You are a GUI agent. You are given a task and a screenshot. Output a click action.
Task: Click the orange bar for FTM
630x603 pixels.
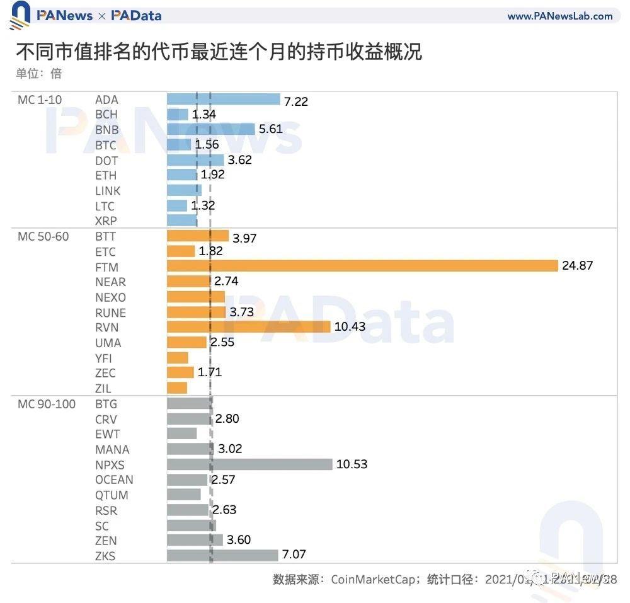(x=362, y=266)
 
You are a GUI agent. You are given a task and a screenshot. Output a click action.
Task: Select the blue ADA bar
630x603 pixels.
(x=223, y=100)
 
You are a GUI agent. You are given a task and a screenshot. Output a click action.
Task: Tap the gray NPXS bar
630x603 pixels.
(x=249, y=464)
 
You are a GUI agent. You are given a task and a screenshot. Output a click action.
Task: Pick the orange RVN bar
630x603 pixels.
(x=248, y=326)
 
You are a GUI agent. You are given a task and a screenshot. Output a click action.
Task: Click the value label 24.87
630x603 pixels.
(x=577, y=266)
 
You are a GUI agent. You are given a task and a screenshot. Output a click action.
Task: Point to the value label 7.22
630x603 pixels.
(x=295, y=101)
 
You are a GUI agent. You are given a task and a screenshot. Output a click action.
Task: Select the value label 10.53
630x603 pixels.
(x=352, y=464)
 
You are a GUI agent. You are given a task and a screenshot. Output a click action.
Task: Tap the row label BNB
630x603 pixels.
(x=107, y=130)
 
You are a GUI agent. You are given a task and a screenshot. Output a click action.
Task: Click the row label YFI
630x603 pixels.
(x=105, y=358)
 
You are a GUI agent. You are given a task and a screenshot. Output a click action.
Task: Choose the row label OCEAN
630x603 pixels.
(x=114, y=480)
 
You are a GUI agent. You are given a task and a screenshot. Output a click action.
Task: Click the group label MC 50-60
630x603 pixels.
(x=43, y=236)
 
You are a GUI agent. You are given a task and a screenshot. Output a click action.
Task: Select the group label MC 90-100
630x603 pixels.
(x=47, y=404)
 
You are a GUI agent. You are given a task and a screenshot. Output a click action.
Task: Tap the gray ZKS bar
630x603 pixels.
(x=222, y=555)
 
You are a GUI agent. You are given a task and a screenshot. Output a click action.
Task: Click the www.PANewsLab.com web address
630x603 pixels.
(x=559, y=16)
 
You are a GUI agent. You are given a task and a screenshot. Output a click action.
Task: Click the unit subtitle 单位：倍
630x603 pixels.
(x=39, y=74)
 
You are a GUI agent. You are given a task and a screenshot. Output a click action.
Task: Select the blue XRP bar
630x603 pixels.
(x=182, y=221)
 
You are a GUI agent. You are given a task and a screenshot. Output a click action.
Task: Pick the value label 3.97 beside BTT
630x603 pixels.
(x=244, y=238)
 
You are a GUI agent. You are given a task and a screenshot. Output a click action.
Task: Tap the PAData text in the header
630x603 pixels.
(x=137, y=16)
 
